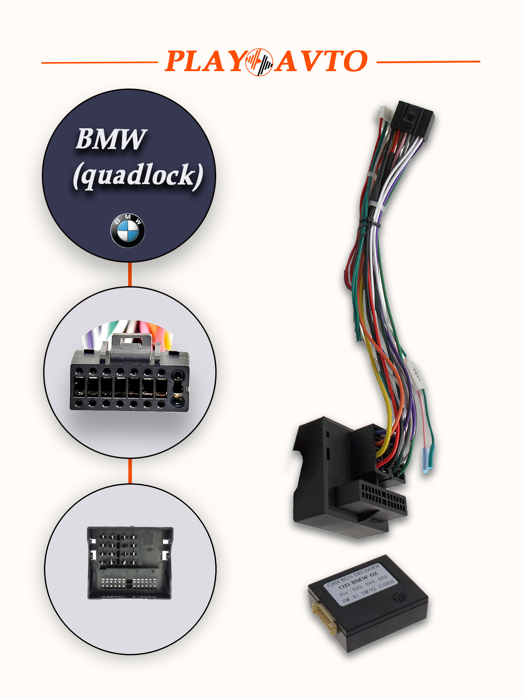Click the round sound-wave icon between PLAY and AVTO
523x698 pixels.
(x=259, y=62)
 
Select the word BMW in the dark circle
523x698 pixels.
(x=111, y=140)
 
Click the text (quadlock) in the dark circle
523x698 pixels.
(x=138, y=175)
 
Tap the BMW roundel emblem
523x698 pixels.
(x=128, y=231)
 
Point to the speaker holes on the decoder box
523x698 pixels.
(x=398, y=597)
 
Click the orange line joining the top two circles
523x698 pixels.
(x=130, y=274)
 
